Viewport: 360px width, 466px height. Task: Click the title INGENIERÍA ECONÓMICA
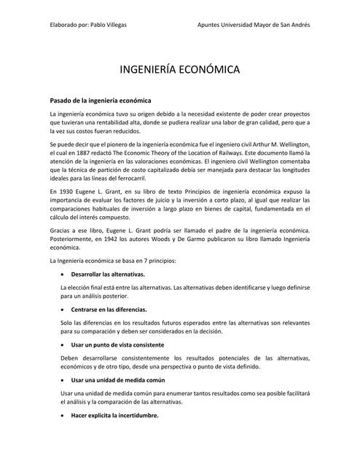(179, 70)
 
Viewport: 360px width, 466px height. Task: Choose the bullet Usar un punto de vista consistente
(117, 344)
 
